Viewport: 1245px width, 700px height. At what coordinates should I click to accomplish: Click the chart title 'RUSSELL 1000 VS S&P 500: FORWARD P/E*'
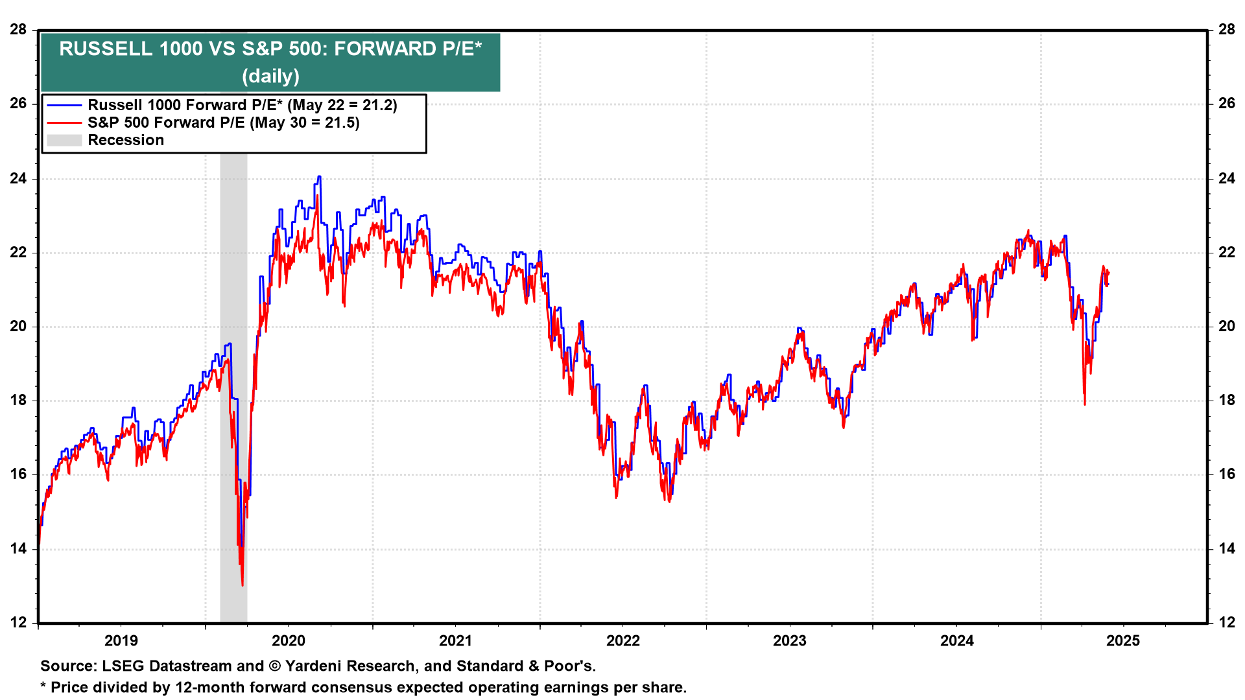[x=270, y=49]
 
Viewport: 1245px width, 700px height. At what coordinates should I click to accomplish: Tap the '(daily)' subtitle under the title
[x=270, y=76]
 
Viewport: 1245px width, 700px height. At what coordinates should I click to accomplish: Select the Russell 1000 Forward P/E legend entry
[x=242, y=105]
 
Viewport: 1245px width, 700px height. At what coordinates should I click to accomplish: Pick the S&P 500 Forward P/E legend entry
[x=223, y=122]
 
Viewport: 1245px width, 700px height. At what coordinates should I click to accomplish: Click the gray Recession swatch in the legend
[x=64, y=140]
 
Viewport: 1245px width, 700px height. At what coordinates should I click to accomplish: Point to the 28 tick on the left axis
[x=18, y=29]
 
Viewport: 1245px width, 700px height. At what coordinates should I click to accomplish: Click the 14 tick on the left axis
[x=18, y=548]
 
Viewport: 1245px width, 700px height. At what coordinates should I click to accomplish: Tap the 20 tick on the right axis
[x=1226, y=326]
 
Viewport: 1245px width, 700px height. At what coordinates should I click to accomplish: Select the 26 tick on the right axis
[x=1226, y=104]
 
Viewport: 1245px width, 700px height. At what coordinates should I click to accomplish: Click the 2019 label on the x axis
[x=121, y=641]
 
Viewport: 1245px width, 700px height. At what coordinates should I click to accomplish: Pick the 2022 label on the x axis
[x=622, y=641]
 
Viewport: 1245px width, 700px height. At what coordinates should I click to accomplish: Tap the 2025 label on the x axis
[x=1123, y=641]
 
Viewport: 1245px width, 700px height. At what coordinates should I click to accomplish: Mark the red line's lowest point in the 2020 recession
[x=243, y=585]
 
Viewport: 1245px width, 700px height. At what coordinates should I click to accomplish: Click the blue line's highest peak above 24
[x=318, y=176]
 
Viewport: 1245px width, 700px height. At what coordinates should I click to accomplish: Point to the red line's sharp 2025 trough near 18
[x=1085, y=404]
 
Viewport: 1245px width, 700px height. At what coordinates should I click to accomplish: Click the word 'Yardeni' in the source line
[x=314, y=666]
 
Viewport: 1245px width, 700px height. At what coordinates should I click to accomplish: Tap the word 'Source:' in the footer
[x=67, y=666]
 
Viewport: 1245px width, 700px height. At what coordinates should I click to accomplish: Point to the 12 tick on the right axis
[x=1226, y=622]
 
